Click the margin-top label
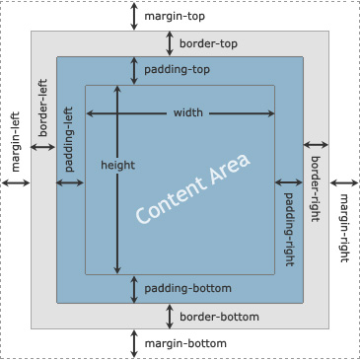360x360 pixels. tap(175, 17)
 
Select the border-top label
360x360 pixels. tap(208, 43)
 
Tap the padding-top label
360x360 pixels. tap(177, 70)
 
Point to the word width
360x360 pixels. tap(188, 112)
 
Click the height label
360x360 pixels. tap(118, 165)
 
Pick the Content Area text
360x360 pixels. tap(193, 188)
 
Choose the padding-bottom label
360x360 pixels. tap(188, 289)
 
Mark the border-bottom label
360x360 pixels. tap(219, 317)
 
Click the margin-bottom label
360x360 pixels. tap(185, 343)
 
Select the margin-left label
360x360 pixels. tap(16, 142)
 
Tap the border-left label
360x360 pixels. tap(42, 108)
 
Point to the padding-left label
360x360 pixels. tap(69, 139)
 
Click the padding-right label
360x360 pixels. tap(289, 229)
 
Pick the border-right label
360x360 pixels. tap(316, 188)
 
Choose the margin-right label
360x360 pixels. tap(343, 228)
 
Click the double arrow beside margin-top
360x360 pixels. tap(134, 17)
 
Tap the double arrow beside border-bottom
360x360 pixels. tap(170, 317)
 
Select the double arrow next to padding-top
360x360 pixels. tap(134, 71)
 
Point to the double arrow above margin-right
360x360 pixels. tap(344, 182)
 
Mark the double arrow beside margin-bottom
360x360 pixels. tap(134, 343)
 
